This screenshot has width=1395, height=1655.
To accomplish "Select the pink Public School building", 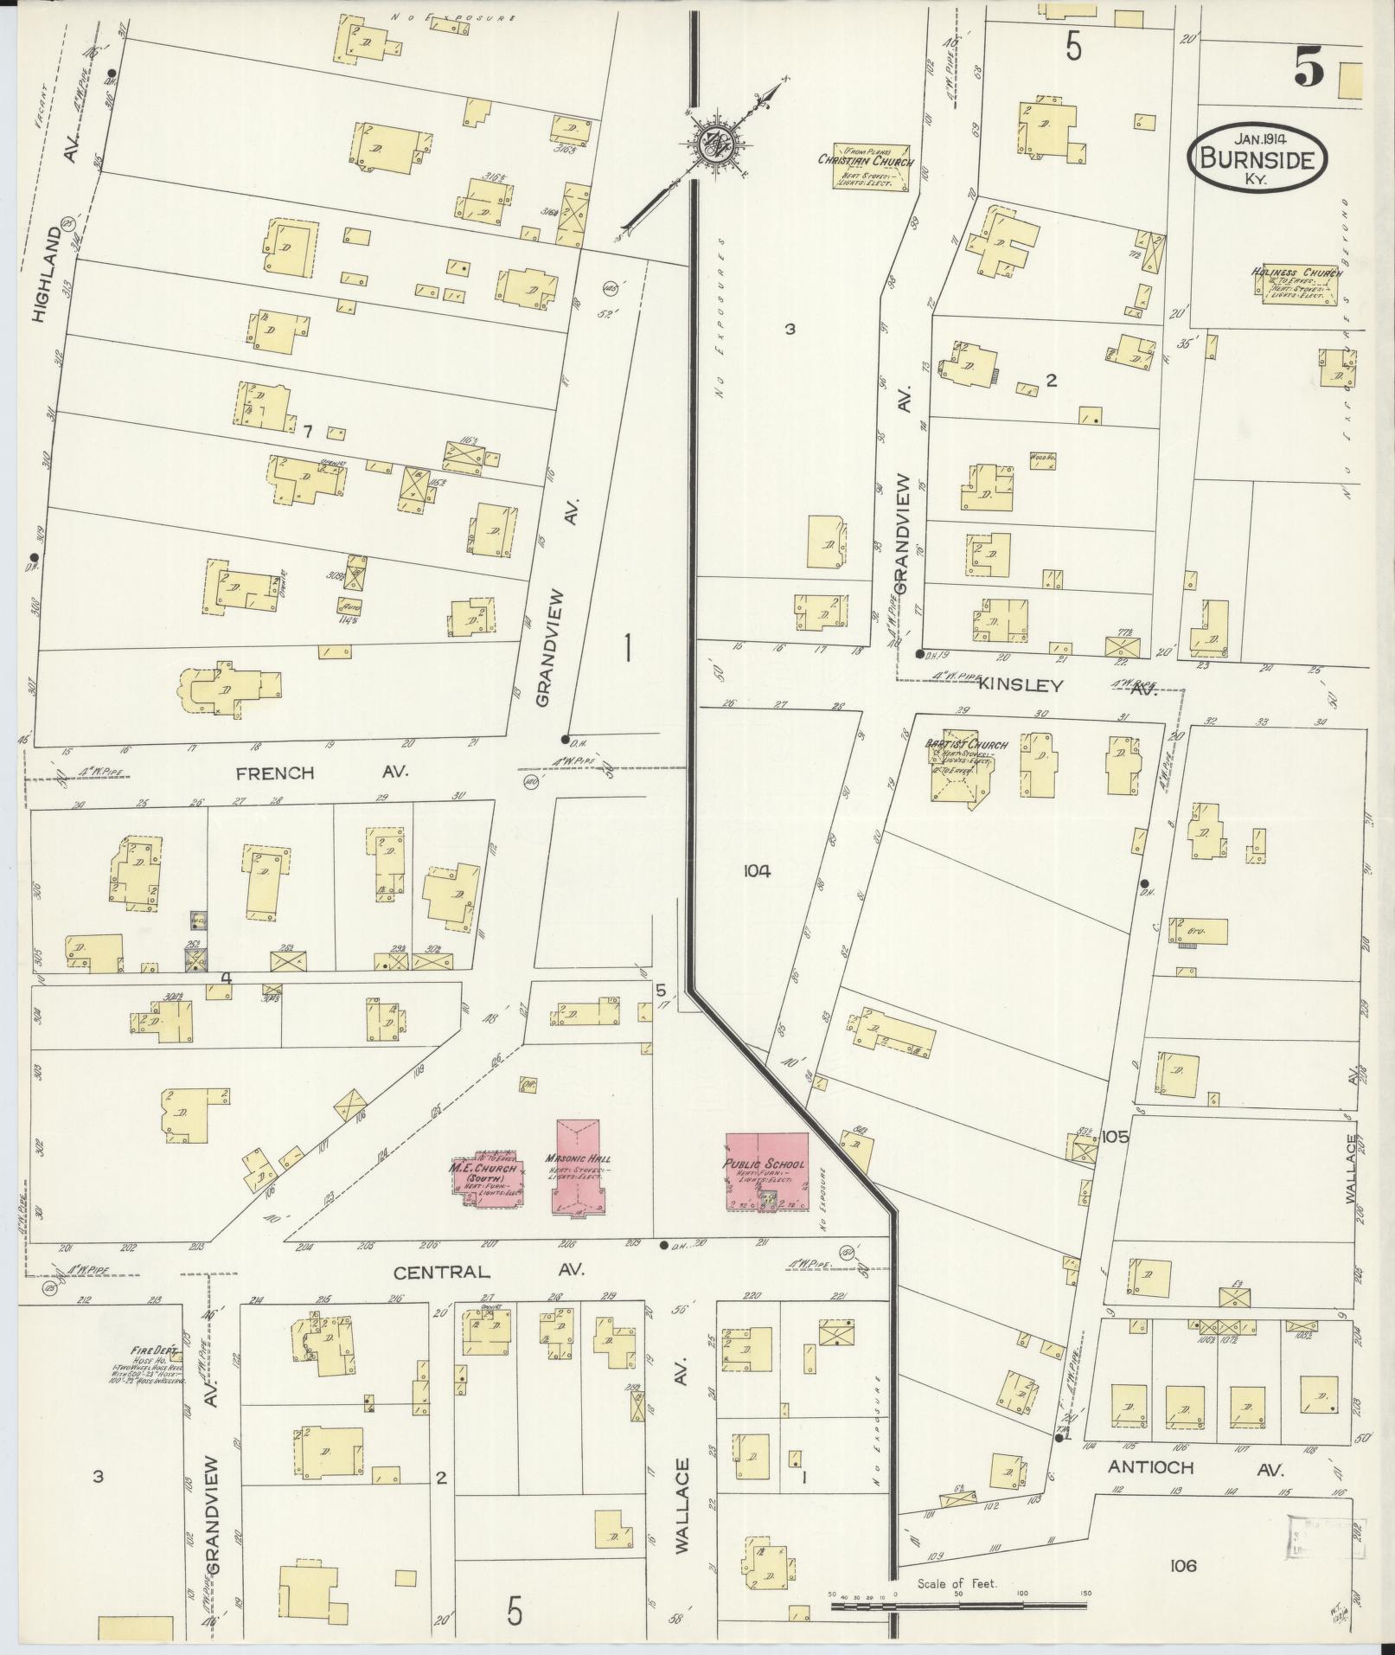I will pos(766,1173).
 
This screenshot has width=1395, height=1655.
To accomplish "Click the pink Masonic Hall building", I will pos(579,1167).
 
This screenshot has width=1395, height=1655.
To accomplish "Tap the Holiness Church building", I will pos(1295,285).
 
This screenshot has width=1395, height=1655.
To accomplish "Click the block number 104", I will pos(755,871).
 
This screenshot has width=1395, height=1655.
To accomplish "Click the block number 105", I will pos(1115,1137).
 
